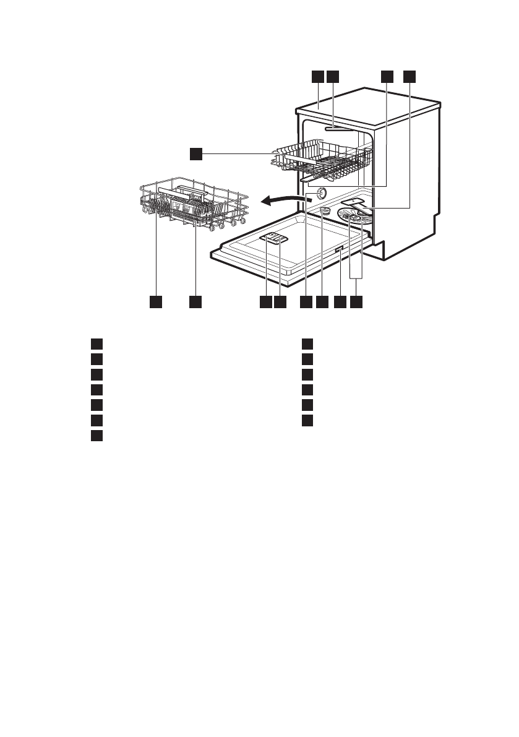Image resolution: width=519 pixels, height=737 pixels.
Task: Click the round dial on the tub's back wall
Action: (x=320, y=193)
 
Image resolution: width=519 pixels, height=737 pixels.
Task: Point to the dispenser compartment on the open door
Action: (x=273, y=239)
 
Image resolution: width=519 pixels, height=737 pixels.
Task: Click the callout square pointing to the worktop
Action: (x=317, y=76)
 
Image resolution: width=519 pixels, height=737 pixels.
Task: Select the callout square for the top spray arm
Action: (x=333, y=76)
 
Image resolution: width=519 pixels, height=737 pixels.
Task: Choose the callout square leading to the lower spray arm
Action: (x=410, y=76)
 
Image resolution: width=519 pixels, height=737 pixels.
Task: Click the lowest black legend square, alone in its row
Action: (x=96, y=436)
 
